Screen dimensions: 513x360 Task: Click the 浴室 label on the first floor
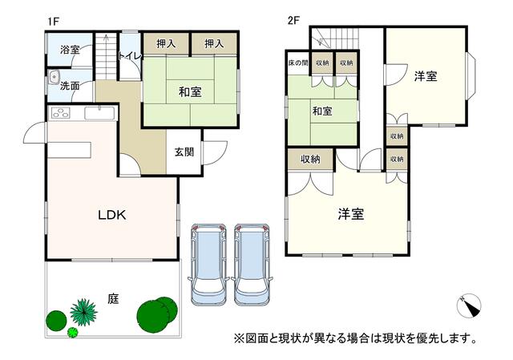pyautogui.click(x=70, y=50)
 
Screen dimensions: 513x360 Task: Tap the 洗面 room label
pyautogui.click(x=70, y=86)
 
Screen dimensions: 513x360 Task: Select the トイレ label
pyautogui.click(x=130, y=56)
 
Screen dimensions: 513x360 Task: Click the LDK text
pyautogui.click(x=112, y=215)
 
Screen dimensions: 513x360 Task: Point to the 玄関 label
pyautogui.click(x=184, y=152)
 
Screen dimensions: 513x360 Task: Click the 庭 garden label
pyautogui.click(x=113, y=299)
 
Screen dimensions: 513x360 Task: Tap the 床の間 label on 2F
pyautogui.click(x=298, y=63)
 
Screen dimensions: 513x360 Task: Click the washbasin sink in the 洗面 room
pyautogui.click(x=54, y=77)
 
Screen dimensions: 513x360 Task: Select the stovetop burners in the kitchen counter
pyautogui.click(x=61, y=113)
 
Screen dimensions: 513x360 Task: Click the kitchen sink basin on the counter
pyautogui.click(x=99, y=113)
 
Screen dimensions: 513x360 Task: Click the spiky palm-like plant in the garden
pyautogui.click(x=83, y=312)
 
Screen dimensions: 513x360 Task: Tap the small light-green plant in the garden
pyautogui.click(x=73, y=333)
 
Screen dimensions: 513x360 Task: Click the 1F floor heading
pyautogui.click(x=53, y=22)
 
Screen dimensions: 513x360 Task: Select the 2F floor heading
pyautogui.click(x=293, y=21)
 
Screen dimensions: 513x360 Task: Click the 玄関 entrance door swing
pyautogui.click(x=215, y=153)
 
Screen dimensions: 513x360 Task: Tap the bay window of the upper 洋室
pyautogui.click(x=471, y=76)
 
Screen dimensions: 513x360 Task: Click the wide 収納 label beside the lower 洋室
pyautogui.click(x=310, y=160)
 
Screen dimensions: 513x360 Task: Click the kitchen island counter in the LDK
pyautogui.click(x=70, y=150)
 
